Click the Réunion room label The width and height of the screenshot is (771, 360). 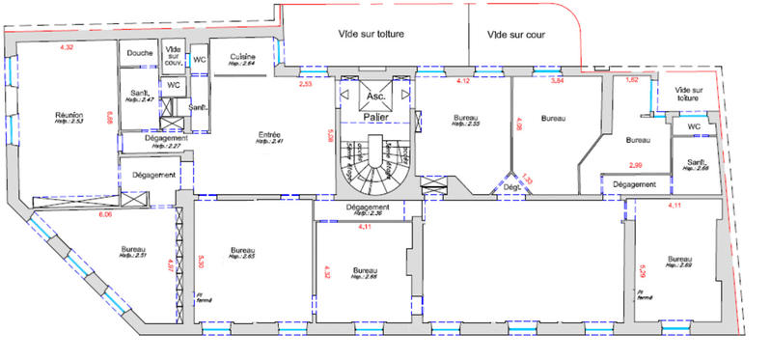(x=69, y=115)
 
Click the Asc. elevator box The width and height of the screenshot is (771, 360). (x=375, y=97)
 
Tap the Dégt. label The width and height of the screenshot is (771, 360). (x=509, y=187)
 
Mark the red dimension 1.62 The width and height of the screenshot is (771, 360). (x=633, y=80)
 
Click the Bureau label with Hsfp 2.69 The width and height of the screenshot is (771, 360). (x=679, y=260)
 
